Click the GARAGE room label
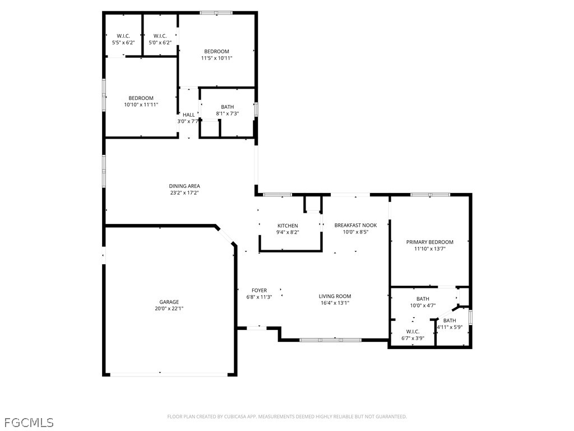pyautogui.click(x=169, y=302)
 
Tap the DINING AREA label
pyautogui.click(x=184, y=186)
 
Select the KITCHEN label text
pyautogui.click(x=288, y=226)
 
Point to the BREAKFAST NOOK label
pyautogui.click(x=355, y=225)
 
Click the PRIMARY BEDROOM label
pyautogui.click(x=430, y=242)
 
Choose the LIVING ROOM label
pyautogui.click(x=335, y=296)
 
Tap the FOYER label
pyautogui.click(x=259, y=290)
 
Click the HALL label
pyautogui.click(x=189, y=114)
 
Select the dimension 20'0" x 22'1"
pyautogui.click(x=169, y=309)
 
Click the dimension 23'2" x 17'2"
pyautogui.click(x=184, y=192)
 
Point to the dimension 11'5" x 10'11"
pyautogui.click(x=217, y=58)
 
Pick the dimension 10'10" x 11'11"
pyautogui.click(x=141, y=104)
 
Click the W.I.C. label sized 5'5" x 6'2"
pyautogui.click(x=123, y=36)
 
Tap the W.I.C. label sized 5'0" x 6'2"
pyautogui.click(x=160, y=36)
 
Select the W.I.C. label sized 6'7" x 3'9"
pyautogui.click(x=413, y=332)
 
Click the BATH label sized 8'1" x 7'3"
pyautogui.click(x=228, y=107)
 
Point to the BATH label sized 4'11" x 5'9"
pyautogui.click(x=450, y=320)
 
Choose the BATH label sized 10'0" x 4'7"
pyautogui.click(x=423, y=299)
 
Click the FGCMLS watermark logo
pyautogui.click(x=29, y=423)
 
